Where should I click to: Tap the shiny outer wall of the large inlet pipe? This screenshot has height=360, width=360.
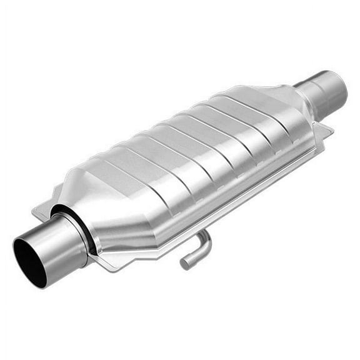59,241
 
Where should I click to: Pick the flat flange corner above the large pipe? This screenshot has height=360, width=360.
41,213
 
